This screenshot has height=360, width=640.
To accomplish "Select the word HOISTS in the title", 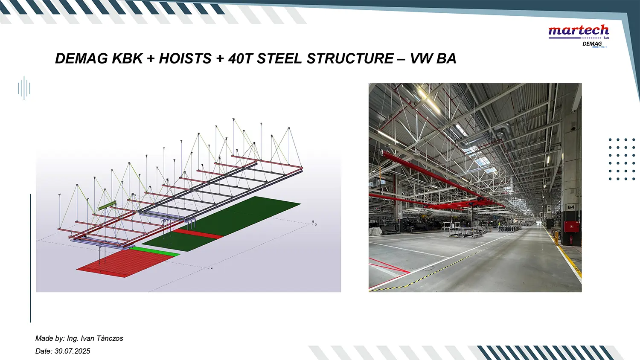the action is coord(185,58).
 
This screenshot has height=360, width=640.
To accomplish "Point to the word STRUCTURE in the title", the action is coord(350,58).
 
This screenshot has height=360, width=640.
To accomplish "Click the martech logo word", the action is coord(579,31).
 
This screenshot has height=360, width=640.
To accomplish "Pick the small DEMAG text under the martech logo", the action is coord(592,44).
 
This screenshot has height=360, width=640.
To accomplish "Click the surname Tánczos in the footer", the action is coord(109,338).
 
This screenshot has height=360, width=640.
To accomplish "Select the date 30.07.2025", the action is coord(72,351).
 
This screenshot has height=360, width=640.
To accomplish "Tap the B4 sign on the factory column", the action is coord(570,207).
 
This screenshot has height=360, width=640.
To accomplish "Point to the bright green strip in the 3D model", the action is coord(154,251).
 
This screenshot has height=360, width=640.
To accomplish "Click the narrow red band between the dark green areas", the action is coord(198,233).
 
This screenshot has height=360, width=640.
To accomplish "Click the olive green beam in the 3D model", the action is coord(108,205).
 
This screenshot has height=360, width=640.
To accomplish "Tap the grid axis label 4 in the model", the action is coord(212,269).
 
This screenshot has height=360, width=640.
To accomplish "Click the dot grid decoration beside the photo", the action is coord(622,159).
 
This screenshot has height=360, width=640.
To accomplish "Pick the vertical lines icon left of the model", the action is coord(24,88).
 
